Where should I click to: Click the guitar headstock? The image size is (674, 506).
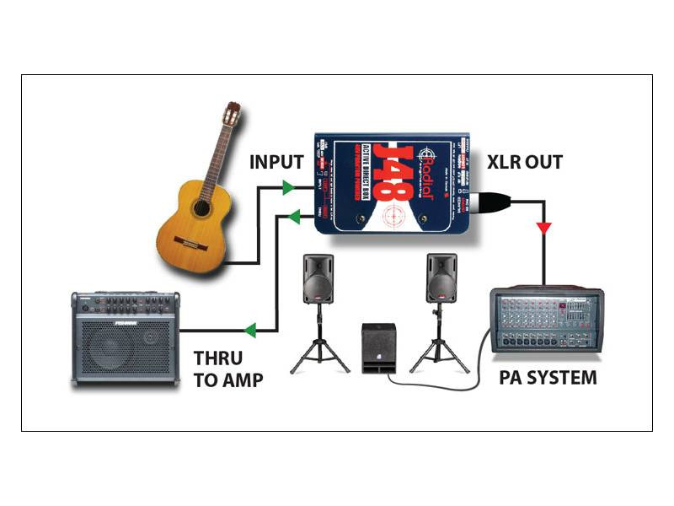(231, 114)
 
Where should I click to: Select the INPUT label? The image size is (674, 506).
(276, 161)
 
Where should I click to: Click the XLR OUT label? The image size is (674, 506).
(524, 162)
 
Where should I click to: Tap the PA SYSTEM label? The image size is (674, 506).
(547, 377)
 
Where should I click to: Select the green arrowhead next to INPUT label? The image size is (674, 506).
(288, 186)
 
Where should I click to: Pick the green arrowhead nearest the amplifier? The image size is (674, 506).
(250, 331)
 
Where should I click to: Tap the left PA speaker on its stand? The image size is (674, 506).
(318, 278)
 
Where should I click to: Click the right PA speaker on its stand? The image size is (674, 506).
(441, 278)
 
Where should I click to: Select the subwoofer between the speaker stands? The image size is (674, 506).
(380, 347)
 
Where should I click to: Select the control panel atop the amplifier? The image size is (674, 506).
(126, 304)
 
